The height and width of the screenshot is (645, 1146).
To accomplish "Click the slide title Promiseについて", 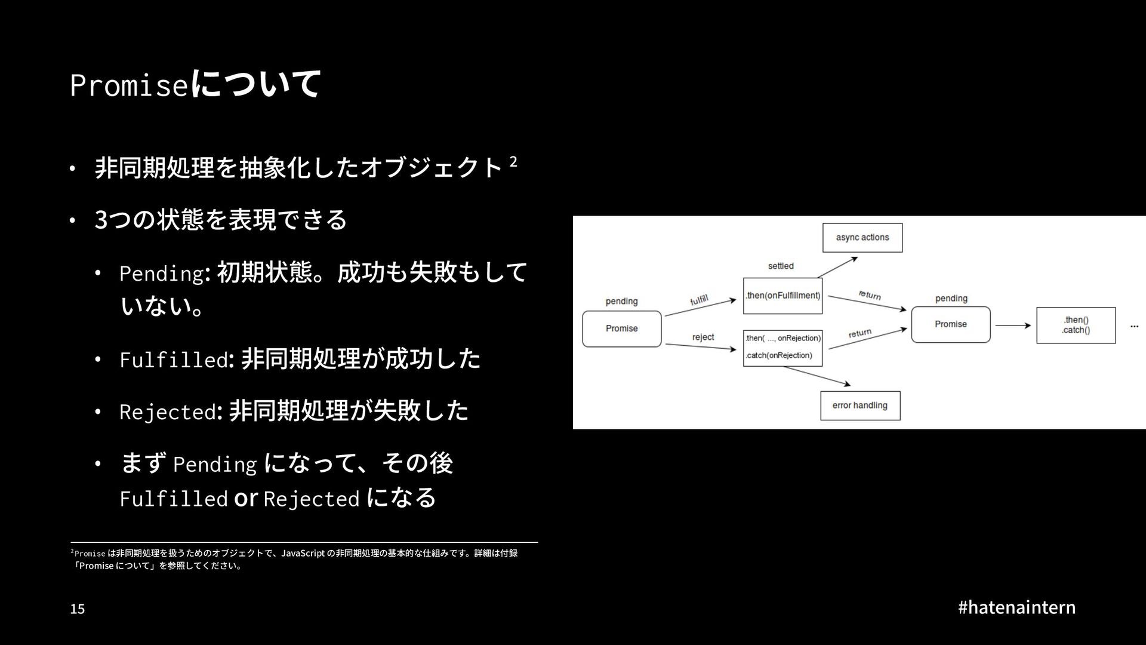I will pos(195,84).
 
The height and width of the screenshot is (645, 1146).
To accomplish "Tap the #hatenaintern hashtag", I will pos(1016,607).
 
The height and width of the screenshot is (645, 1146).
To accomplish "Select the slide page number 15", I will pos(78,609).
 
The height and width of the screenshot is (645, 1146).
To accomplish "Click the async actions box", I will pos(862,238).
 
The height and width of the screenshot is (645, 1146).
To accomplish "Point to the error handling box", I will pos(860,406).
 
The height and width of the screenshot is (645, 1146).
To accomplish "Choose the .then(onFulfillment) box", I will pos(783,296).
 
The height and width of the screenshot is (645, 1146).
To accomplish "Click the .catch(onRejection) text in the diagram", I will pos(779,355).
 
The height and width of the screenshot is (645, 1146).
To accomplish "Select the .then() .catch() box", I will pos(1076,325).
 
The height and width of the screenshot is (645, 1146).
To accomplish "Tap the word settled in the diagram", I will pos(781,266).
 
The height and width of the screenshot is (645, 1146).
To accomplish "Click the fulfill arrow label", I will pos(699,300).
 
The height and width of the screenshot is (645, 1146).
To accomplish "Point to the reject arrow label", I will pos(703,337).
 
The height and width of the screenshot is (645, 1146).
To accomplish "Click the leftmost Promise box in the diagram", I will pos(622,328).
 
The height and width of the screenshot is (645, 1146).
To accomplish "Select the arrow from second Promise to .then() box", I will pos(1013,325).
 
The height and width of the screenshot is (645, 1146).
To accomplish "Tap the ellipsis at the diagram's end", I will pos(1134,326).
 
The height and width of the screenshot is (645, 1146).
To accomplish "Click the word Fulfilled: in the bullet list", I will pos(174,360).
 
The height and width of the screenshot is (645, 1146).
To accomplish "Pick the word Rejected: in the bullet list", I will pos(171,412).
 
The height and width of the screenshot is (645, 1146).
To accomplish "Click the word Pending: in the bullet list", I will pos(164,274).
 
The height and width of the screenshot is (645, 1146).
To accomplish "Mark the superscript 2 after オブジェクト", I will pos(513,161).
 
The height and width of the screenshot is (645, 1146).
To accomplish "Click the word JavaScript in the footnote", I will pos(303,553).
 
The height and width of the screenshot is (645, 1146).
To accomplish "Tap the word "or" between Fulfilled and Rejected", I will pos(245,498).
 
